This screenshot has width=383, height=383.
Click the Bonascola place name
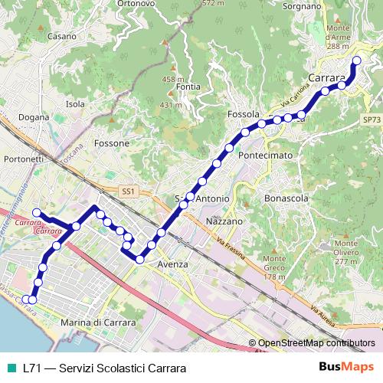click(x=286, y=198)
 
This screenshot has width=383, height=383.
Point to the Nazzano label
click(x=224, y=221)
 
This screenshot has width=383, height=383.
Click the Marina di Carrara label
click(x=97, y=323)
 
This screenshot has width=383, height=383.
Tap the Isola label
click(x=75, y=104)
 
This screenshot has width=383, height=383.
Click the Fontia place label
click(x=188, y=87)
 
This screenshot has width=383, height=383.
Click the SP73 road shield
click(x=372, y=120)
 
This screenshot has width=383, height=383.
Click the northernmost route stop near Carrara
click(x=356, y=61)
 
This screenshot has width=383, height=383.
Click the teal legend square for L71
click(x=10, y=367)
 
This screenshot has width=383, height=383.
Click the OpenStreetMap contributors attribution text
click(x=316, y=343)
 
